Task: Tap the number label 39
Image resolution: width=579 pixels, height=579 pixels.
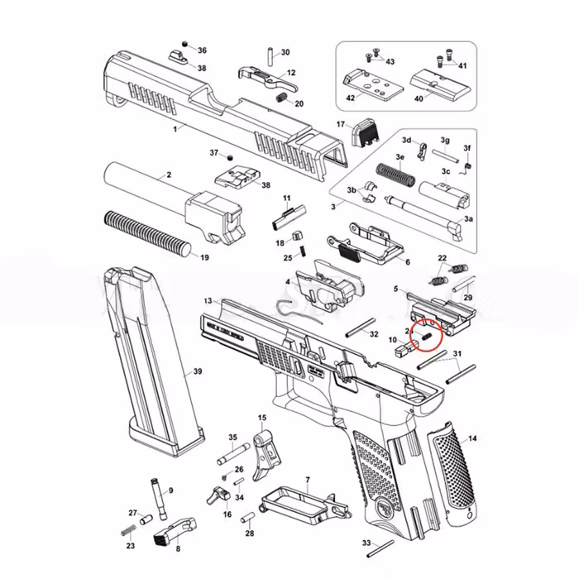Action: click(197, 371)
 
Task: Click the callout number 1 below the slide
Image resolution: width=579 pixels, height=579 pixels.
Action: click(175, 130)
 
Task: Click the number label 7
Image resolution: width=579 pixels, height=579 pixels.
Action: click(308, 480)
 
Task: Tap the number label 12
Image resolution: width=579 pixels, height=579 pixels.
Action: click(291, 74)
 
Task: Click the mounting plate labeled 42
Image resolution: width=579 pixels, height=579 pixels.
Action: click(365, 82)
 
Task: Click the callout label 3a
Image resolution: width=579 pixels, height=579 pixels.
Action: click(468, 218)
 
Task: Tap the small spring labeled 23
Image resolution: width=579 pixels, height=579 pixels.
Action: click(128, 529)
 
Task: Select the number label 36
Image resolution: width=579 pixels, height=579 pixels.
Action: click(202, 50)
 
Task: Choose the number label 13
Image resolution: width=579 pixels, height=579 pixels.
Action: click(208, 300)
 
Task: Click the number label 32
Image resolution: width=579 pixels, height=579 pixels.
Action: click(374, 333)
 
